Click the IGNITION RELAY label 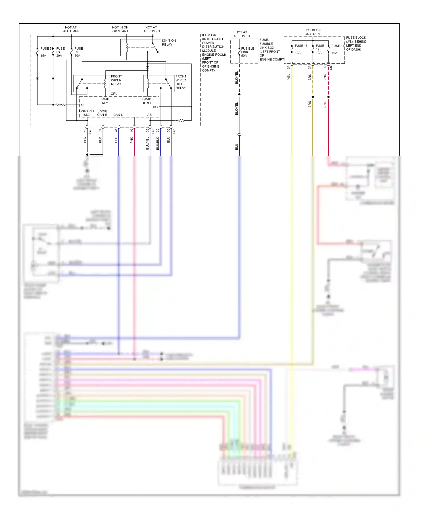coord(169,43)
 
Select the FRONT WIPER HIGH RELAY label coord(181,82)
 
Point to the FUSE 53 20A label coord(60,52)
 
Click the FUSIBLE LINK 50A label coord(247,52)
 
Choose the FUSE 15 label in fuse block coord(301,46)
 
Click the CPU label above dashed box coord(114,93)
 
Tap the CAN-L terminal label coord(118,115)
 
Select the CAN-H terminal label coord(102,115)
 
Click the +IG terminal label coord(155,107)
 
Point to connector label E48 coord(90,131)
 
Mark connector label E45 coord(174,131)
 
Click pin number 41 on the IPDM coord(116,130)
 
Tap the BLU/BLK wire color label coord(158,143)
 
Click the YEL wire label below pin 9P coord(289,77)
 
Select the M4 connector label coord(331,68)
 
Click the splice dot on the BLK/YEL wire coord(239,94)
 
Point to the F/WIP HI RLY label coord(147,101)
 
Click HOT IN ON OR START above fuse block coord(312,32)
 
